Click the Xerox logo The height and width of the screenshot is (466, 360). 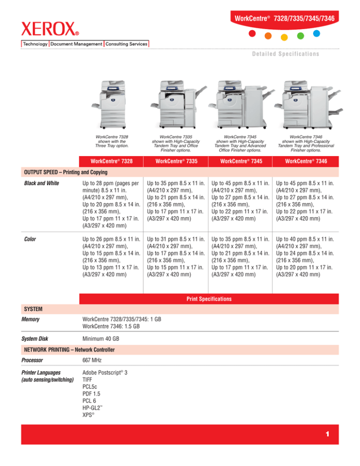click(50, 30)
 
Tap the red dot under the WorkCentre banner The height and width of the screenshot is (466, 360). click(252, 34)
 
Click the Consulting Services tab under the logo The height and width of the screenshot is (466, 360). click(126, 44)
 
